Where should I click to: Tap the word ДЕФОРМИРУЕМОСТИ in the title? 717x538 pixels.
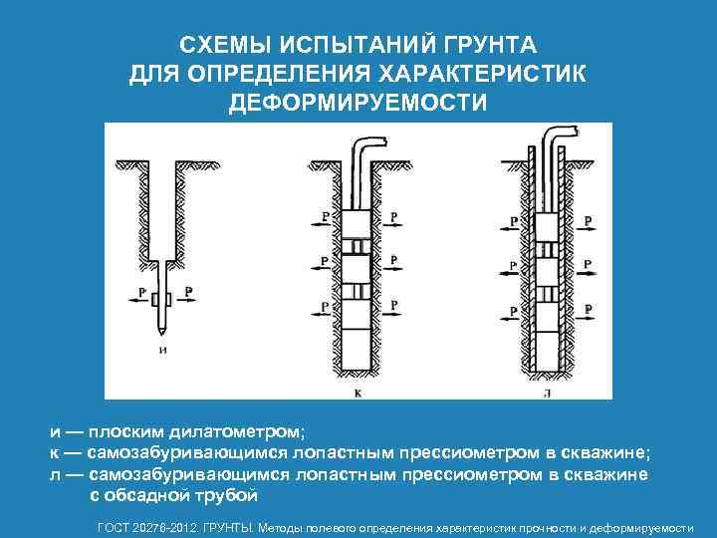tap(358, 103)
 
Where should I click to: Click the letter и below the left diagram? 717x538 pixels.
tap(162, 350)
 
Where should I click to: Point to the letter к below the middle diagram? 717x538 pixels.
tap(358, 393)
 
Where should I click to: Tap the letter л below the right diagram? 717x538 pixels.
tap(549, 393)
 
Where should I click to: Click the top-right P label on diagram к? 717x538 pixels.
tap(394, 215)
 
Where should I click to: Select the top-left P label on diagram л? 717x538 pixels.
tap(513, 220)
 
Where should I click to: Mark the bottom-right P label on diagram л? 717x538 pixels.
tap(587, 309)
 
